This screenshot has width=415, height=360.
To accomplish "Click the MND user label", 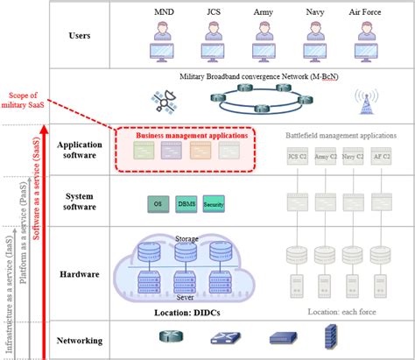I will [163, 13].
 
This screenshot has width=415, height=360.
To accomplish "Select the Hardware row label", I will [80, 274].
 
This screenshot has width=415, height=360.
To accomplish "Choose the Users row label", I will [80, 37].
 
